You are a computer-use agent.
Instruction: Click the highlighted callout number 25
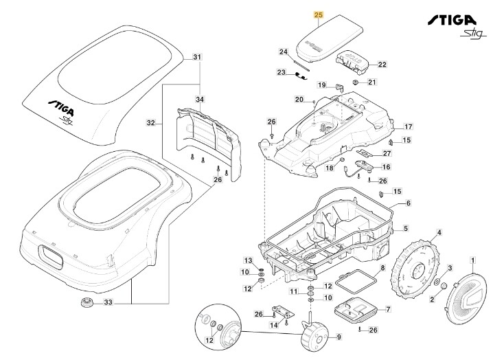[317, 14]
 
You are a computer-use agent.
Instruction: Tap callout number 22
[382, 65]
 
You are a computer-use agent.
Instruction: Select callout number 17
[408, 127]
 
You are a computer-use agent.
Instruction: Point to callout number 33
[107, 302]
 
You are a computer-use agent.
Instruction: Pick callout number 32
[150, 124]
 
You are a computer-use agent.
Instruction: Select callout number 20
[299, 99]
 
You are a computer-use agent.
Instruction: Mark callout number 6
[408, 203]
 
